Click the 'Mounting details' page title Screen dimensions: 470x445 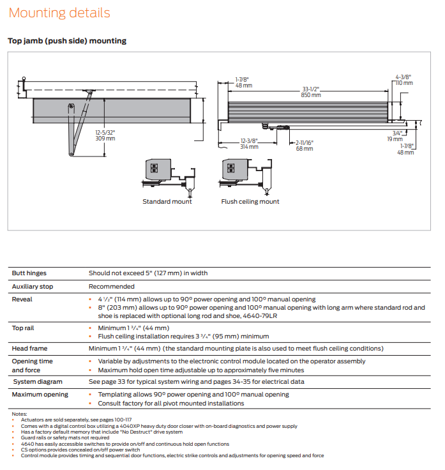point(59,13)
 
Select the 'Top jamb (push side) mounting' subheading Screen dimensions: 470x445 point(67,41)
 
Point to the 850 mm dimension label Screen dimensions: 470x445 point(312,95)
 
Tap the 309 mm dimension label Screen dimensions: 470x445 point(105,138)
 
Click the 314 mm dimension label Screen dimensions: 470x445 point(249,147)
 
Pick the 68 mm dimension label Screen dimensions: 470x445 point(305,149)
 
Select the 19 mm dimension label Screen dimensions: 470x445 point(394,139)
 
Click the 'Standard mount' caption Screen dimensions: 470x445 point(167,202)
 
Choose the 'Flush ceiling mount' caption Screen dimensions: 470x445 point(250,202)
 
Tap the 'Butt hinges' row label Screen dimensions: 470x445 point(30,273)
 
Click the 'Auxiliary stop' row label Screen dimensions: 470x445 point(33,287)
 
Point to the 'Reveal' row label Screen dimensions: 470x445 point(22,299)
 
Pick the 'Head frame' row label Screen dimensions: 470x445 point(30,349)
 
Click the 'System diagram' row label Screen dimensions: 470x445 point(35,382)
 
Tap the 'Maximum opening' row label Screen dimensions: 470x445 point(40,395)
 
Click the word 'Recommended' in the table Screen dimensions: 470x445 point(112,287)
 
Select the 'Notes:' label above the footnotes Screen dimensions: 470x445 point(20,414)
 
